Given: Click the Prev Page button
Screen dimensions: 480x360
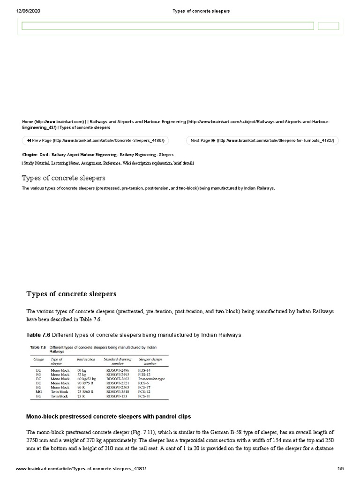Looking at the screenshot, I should tap(95, 141).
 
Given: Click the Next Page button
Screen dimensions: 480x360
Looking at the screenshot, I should tap(262, 141).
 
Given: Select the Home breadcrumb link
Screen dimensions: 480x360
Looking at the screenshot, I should tap(53, 121).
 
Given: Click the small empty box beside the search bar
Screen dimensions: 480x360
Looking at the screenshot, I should tap(328, 26).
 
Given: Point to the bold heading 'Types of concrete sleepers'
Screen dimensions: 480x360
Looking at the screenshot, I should tap(71, 294).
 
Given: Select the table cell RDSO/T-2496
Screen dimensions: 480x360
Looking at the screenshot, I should tap(115, 370).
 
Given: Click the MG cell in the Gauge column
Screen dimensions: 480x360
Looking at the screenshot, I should tap(39, 392).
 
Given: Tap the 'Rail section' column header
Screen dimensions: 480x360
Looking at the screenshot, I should tap(86, 359).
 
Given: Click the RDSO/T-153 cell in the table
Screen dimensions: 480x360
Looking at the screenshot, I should tap(114, 396).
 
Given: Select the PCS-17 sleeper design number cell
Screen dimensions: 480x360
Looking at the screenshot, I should tap(144, 387).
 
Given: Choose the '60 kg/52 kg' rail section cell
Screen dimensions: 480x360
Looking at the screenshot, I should tap(86, 379).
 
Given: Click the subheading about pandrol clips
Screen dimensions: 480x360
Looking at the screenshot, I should tap(108, 416).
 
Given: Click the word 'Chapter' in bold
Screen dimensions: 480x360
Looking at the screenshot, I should tap(30, 154).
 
